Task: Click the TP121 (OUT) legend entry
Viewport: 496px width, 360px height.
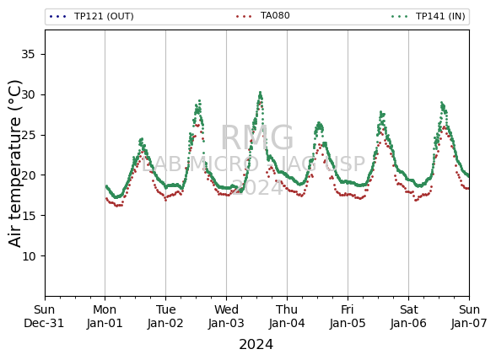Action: (x=92, y=16)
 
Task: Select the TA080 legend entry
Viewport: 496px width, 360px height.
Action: (x=263, y=15)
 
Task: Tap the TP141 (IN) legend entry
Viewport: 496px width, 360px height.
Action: (x=428, y=16)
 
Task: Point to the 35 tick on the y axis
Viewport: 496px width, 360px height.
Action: (x=28, y=54)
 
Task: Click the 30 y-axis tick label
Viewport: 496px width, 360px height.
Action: (x=28, y=94)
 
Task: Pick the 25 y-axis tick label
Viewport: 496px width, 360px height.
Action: (x=28, y=135)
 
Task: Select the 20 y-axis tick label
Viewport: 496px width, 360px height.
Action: (x=28, y=175)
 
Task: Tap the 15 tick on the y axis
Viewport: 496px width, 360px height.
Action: (x=28, y=216)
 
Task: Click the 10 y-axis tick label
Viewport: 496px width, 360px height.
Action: (x=28, y=255)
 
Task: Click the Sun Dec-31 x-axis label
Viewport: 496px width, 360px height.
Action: (x=44, y=316)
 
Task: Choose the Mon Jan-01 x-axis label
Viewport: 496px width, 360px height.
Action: (x=105, y=316)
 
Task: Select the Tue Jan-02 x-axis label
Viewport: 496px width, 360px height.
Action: (x=165, y=316)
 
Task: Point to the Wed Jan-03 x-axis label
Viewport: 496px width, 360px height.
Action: (x=226, y=316)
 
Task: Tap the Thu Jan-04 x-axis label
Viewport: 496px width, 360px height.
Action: (x=287, y=316)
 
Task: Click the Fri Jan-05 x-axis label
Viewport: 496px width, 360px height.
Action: (x=348, y=316)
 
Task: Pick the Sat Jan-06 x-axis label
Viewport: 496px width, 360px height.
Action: (x=408, y=316)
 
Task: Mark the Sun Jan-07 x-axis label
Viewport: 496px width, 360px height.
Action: (x=469, y=316)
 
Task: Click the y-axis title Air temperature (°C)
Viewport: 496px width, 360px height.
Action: (x=15, y=164)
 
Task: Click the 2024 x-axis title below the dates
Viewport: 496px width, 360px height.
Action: (x=256, y=345)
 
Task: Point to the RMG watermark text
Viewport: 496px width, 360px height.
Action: (x=257, y=137)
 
